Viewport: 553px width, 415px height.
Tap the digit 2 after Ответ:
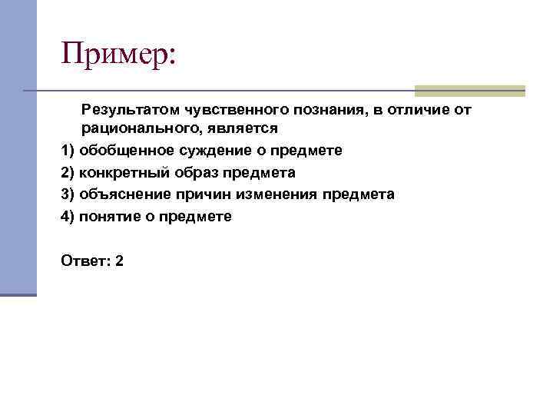point(119,261)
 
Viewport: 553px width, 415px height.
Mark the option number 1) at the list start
point(67,151)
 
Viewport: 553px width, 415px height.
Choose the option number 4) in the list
point(67,217)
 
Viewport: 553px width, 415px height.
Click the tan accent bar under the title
point(469,91)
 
